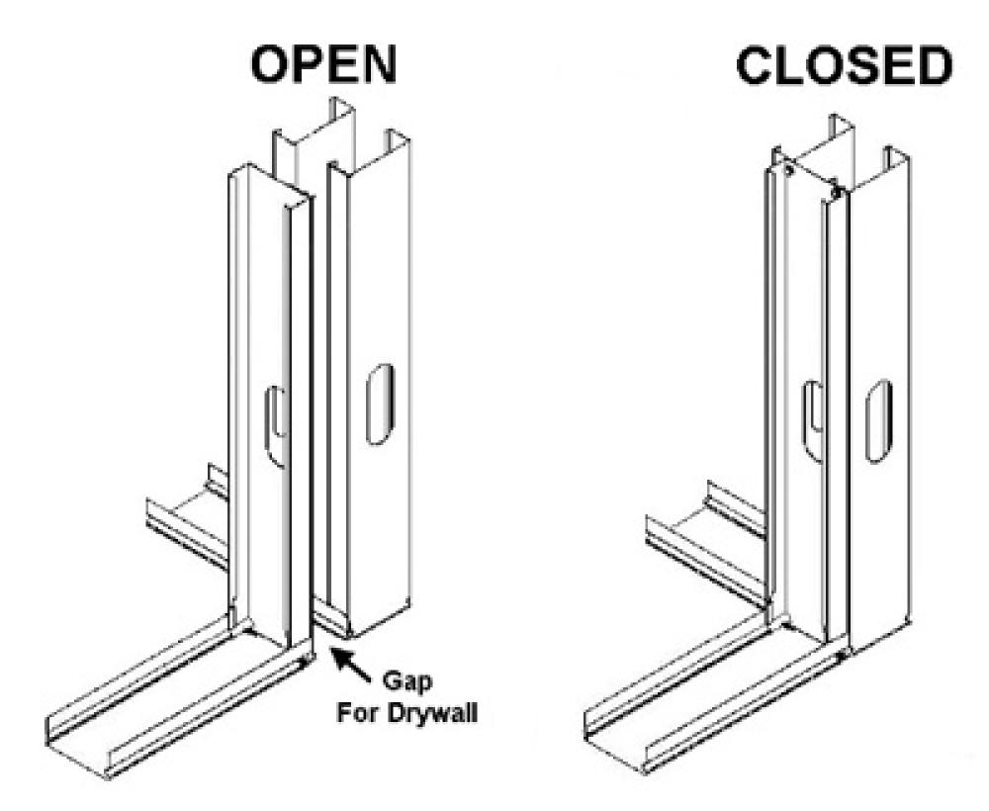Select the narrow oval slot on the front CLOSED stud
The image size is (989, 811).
point(812,419)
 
